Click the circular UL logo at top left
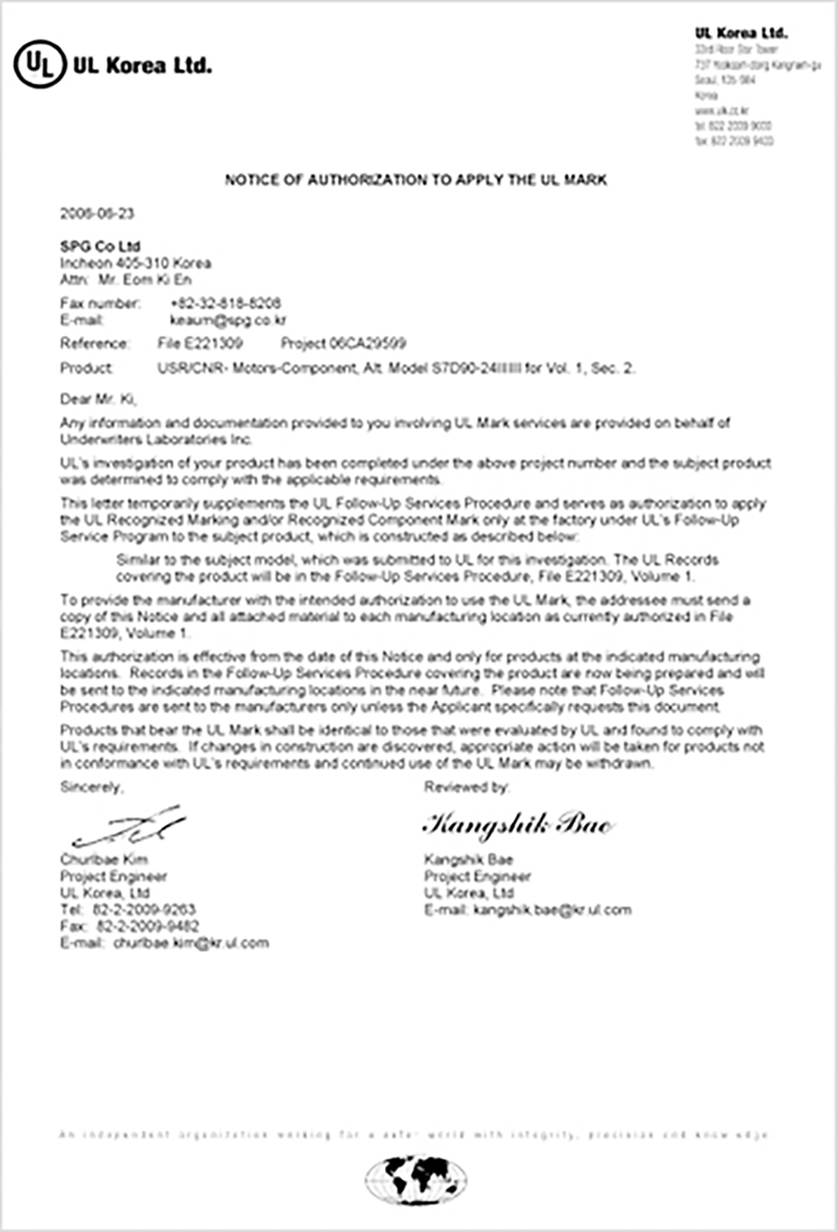coord(39,64)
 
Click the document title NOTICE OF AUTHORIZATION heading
coord(416,180)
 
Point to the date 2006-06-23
coord(97,213)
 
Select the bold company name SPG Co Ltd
coord(100,246)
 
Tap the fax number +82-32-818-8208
coord(225,303)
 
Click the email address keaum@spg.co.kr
coord(229,320)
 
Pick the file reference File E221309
coord(200,343)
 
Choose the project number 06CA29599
coord(343,343)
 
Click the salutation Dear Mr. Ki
coord(98,399)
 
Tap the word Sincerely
coord(91,787)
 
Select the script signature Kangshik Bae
coord(517,824)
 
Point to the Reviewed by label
coord(466,787)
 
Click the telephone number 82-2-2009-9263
coord(144,910)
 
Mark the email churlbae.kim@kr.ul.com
coord(191,943)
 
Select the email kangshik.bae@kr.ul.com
coord(552,910)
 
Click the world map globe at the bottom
coord(416,1179)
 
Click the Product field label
coord(86,368)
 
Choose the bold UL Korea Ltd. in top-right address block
coord(741,33)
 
